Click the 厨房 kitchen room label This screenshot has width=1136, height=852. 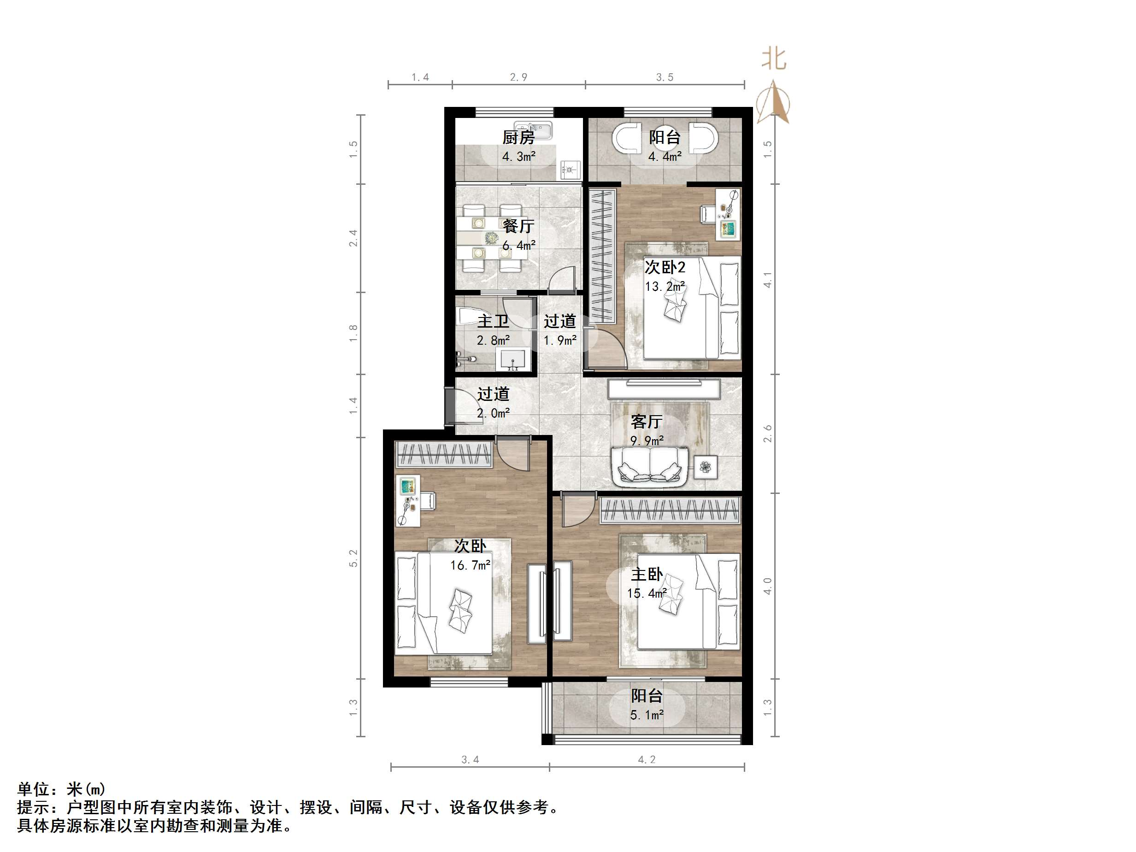click(x=518, y=137)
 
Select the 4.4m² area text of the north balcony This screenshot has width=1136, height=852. click(x=665, y=157)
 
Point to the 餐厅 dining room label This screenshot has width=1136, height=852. click(x=518, y=226)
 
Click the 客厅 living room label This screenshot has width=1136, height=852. click(x=646, y=422)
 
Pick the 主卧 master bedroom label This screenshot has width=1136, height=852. click(x=647, y=574)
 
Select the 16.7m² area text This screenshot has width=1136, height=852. click(x=470, y=565)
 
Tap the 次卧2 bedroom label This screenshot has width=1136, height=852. click(x=665, y=267)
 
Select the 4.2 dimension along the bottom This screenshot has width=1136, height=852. click(x=647, y=759)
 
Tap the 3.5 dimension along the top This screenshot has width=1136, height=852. click(x=665, y=77)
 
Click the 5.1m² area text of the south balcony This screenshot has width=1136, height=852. click(x=647, y=715)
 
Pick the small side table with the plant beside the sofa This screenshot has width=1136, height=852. click(x=705, y=467)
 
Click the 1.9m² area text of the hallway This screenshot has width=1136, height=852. click(x=560, y=340)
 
